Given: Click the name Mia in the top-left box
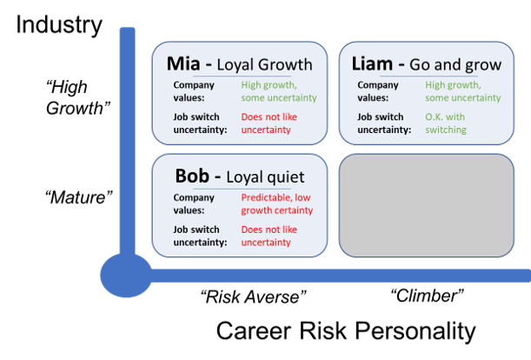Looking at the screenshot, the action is [x=183, y=63].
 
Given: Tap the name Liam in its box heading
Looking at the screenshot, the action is [x=372, y=63].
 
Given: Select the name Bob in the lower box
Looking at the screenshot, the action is [x=192, y=176].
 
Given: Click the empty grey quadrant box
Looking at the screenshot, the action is [x=427, y=205].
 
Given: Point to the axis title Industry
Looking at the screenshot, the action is [x=59, y=24].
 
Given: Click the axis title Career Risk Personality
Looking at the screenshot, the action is [x=346, y=330].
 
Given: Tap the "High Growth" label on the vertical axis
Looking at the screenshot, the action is [x=78, y=97].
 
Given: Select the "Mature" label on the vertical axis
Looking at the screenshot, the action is [x=78, y=197].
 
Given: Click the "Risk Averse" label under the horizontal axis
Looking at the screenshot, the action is [x=253, y=297].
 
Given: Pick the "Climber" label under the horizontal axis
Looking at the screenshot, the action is [x=427, y=296].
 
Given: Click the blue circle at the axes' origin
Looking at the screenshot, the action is [x=126, y=276].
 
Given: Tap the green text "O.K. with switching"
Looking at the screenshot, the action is [x=446, y=123].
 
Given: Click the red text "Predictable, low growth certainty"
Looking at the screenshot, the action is [x=277, y=203].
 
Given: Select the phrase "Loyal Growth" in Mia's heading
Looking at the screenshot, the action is [x=264, y=64].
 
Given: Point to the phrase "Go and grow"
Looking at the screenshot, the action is [x=455, y=64].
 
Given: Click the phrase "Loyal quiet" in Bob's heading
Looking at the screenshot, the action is [x=265, y=177].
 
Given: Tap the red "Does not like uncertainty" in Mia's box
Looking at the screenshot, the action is [x=269, y=123].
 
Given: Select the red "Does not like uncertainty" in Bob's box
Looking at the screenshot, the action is [x=269, y=236].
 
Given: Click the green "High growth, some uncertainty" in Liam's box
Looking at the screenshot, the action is [x=463, y=91].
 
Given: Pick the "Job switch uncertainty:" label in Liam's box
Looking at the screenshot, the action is [x=384, y=123].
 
